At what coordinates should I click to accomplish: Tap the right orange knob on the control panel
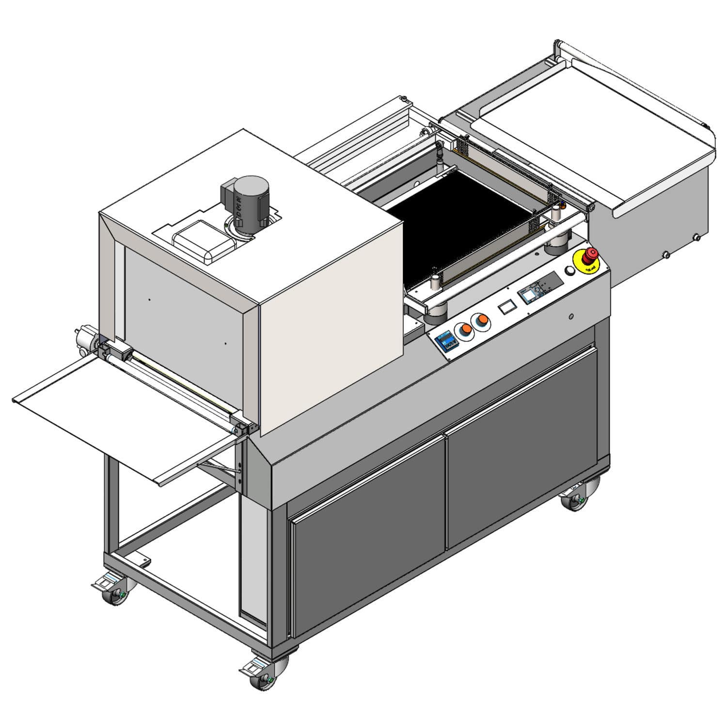[x=481, y=320]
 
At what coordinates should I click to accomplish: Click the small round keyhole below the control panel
[x=571, y=316]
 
